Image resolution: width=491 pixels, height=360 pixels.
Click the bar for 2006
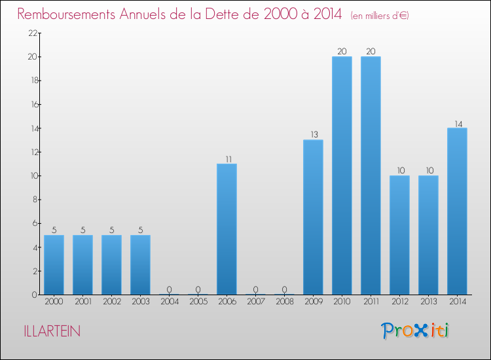click(x=227, y=229)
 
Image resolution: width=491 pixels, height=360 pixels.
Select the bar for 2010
click(x=342, y=175)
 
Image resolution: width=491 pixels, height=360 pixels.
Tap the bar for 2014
click(x=457, y=211)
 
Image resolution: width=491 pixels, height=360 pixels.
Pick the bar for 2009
click(x=313, y=217)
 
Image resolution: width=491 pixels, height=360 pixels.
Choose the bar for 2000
click(x=54, y=264)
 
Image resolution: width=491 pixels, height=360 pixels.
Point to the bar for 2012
click(x=399, y=235)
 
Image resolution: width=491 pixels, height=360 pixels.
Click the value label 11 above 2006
click(x=227, y=158)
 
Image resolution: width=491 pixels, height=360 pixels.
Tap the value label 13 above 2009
click(x=313, y=135)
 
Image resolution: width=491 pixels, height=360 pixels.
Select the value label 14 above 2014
click(x=457, y=123)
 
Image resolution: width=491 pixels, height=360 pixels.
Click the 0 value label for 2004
click(x=169, y=289)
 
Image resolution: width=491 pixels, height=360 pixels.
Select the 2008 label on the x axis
click(x=284, y=302)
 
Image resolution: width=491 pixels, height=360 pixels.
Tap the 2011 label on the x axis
click(x=371, y=302)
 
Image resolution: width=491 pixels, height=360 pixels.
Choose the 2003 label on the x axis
click(x=140, y=302)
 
